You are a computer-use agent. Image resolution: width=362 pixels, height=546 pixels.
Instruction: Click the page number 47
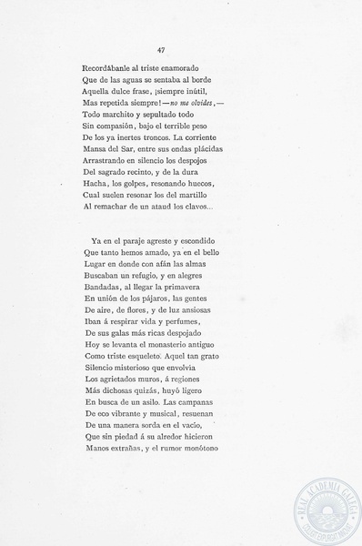pos(160,51)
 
